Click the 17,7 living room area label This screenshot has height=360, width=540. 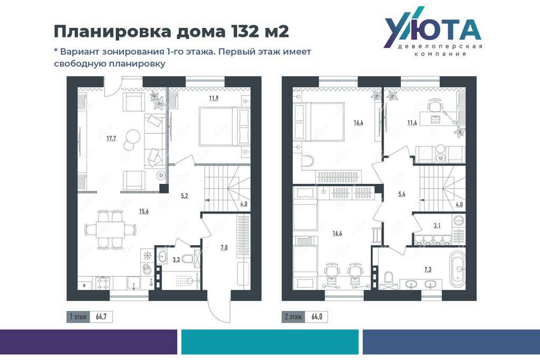(111, 139)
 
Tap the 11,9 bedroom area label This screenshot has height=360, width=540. (214, 98)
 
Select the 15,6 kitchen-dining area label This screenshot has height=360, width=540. (143, 211)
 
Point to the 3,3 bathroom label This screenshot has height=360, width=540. (176, 260)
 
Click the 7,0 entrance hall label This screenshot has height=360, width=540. (224, 247)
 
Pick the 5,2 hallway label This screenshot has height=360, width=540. (185, 196)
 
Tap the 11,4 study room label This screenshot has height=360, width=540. (412, 122)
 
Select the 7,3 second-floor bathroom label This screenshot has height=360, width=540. (427, 270)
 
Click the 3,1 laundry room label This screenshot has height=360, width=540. (437, 226)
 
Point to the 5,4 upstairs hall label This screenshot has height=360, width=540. (401, 194)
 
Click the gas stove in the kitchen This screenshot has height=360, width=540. (103, 283)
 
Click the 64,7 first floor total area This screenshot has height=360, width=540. (101, 317)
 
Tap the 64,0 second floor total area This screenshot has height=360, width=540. (316, 317)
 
